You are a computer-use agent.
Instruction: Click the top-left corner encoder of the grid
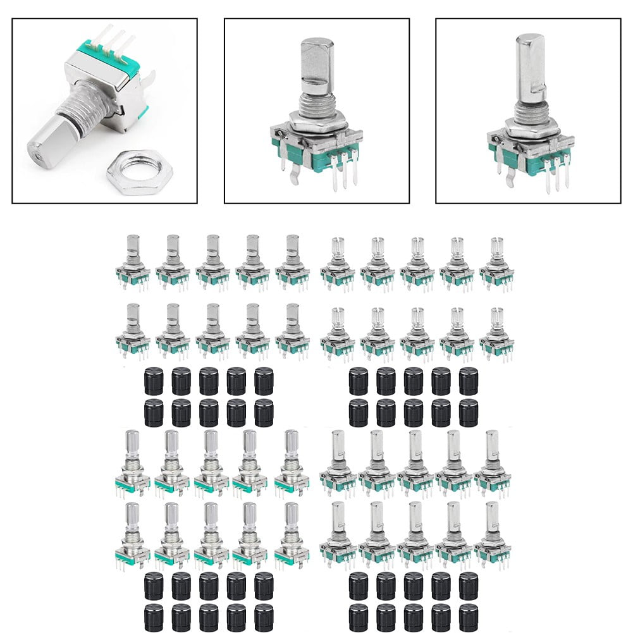[133, 262]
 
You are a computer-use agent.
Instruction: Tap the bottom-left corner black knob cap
[154, 615]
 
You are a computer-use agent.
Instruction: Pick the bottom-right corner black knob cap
[469, 615]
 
